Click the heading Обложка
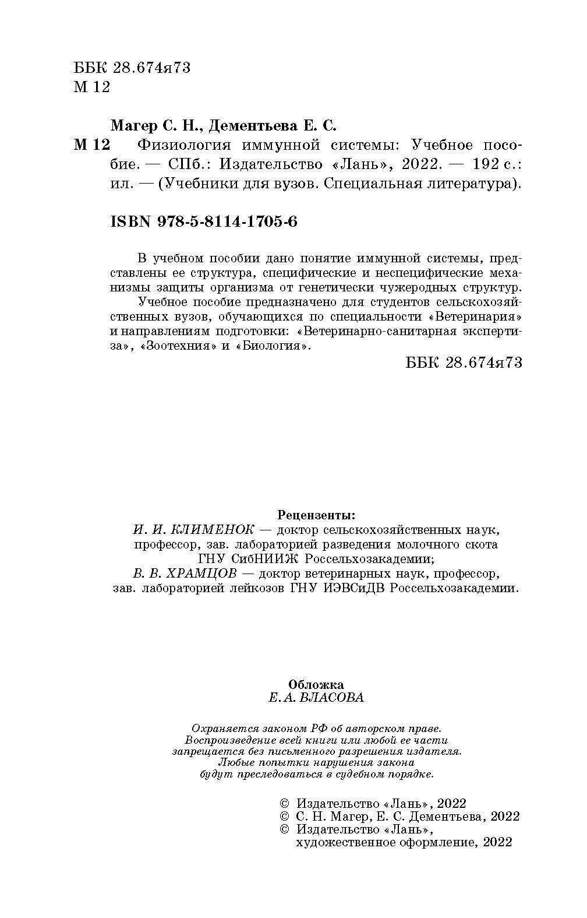click(x=316, y=684)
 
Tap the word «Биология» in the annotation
click(x=272, y=346)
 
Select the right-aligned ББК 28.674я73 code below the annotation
click(x=464, y=362)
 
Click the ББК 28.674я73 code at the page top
click(x=133, y=68)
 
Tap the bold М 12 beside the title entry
click(x=91, y=145)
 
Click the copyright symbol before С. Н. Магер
click(x=285, y=817)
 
